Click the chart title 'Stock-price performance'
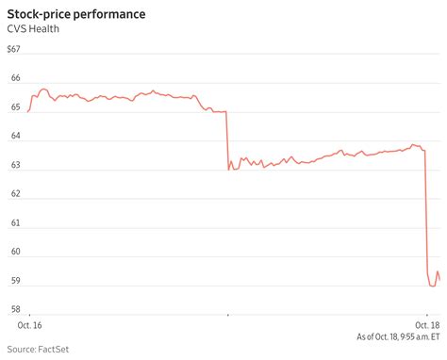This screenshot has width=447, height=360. click(x=77, y=15)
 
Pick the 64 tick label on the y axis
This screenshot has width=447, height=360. click(x=16, y=139)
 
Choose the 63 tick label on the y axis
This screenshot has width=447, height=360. click(x=16, y=168)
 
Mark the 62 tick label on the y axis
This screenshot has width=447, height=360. click(x=16, y=195)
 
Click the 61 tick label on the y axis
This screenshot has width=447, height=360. click(x=16, y=223)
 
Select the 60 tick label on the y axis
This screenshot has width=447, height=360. click(x=16, y=252)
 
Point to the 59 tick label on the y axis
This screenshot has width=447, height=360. click(x=16, y=281)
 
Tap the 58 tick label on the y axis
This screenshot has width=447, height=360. click(x=16, y=309)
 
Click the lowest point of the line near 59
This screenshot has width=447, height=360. click(x=432, y=286)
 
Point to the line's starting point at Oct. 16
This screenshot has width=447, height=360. click(x=28, y=112)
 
